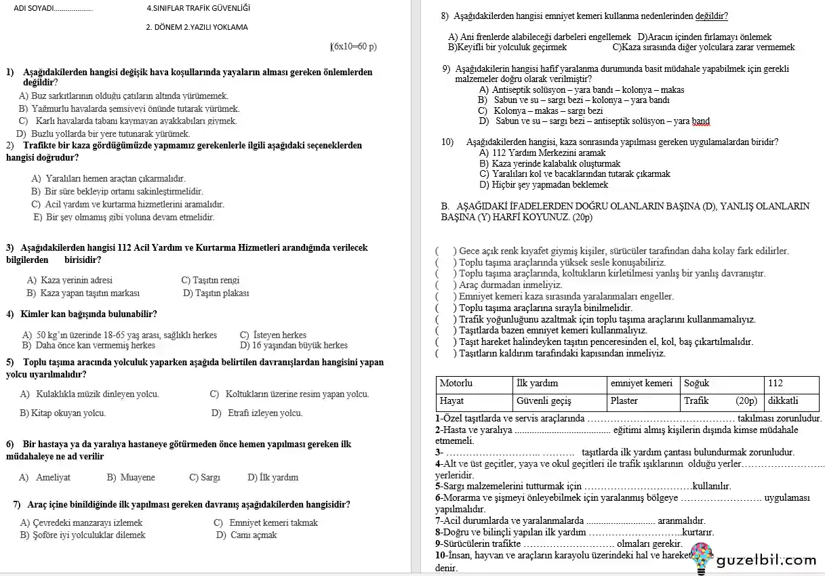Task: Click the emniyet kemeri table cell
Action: (641, 384)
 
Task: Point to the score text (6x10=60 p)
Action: (353, 47)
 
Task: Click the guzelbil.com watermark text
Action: (766, 560)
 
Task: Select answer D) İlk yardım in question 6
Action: (273, 477)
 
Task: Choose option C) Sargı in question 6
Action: (205, 477)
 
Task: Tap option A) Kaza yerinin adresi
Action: (70, 280)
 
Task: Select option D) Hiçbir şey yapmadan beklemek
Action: (544, 184)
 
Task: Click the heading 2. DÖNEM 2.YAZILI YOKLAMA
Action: (197, 27)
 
